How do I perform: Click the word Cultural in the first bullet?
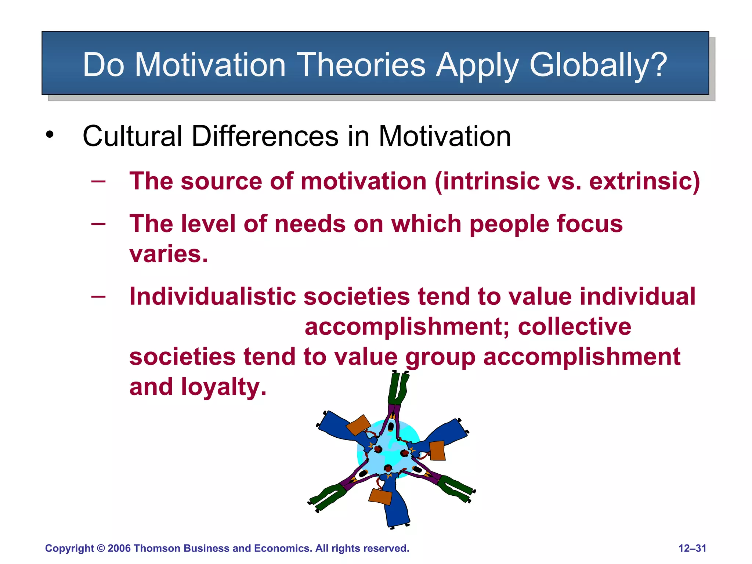[x=132, y=136]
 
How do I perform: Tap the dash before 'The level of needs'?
[x=98, y=224]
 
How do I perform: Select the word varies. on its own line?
[x=169, y=254]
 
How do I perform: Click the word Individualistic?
[x=212, y=296]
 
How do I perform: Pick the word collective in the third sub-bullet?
[x=574, y=327]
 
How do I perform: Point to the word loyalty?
[x=224, y=387]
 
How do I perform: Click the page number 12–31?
[x=692, y=548]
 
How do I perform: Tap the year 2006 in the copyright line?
[x=119, y=548]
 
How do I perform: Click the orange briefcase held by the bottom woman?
[x=380, y=496]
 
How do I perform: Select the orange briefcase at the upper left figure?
[x=358, y=425]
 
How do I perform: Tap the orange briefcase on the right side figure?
[x=437, y=451]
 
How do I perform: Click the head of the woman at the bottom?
[x=388, y=468]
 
